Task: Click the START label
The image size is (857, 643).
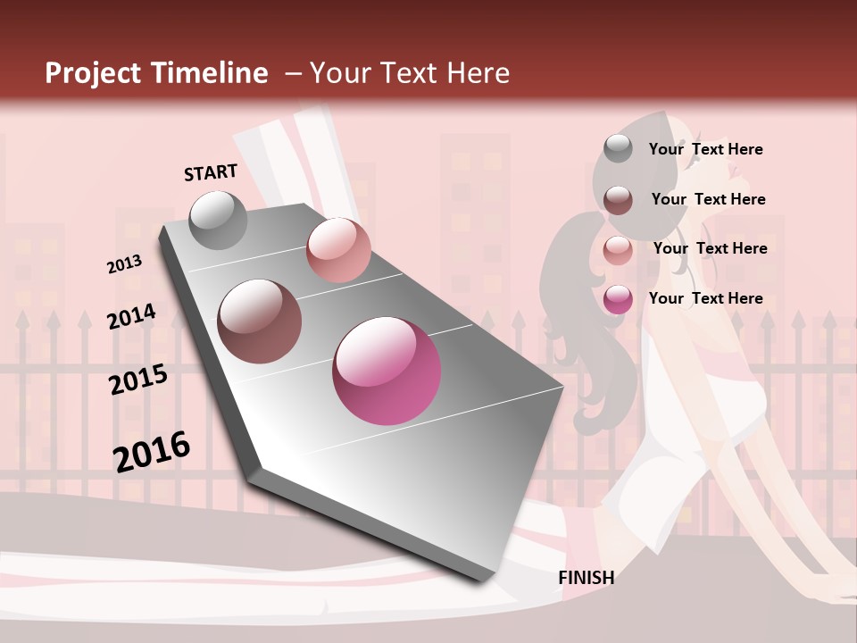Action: tap(211, 171)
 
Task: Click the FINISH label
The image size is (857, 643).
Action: tap(586, 578)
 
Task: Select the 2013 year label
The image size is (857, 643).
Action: tap(125, 263)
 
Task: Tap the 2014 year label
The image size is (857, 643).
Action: tap(131, 316)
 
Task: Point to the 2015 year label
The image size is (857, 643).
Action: tap(138, 380)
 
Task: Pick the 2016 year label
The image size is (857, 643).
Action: tap(152, 451)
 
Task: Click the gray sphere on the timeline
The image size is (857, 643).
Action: tap(218, 220)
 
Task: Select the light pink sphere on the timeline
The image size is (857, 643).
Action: tap(338, 249)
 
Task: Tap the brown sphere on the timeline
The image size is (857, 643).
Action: tap(260, 321)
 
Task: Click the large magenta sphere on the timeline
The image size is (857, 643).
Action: tap(387, 371)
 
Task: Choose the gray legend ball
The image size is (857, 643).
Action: tap(618, 149)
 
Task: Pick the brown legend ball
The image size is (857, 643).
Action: tap(618, 200)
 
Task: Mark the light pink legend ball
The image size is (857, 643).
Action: tap(618, 250)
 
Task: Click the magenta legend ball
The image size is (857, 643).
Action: tap(618, 299)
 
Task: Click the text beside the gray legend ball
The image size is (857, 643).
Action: tap(705, 149)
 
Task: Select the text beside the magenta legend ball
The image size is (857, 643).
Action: tap(705, 298)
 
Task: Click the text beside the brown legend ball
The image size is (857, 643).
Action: tap(708, 199)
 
